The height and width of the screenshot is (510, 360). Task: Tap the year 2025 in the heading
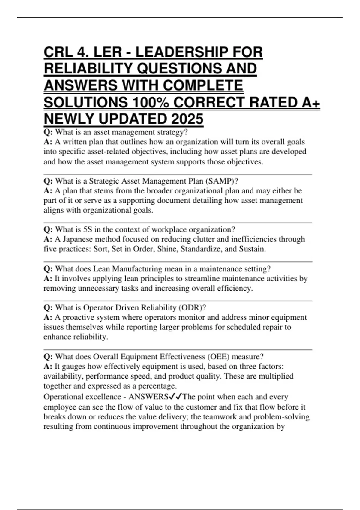[187, 119]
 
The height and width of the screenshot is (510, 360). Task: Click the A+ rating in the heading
[311, 102]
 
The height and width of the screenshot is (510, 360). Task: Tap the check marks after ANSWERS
[175, 397]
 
